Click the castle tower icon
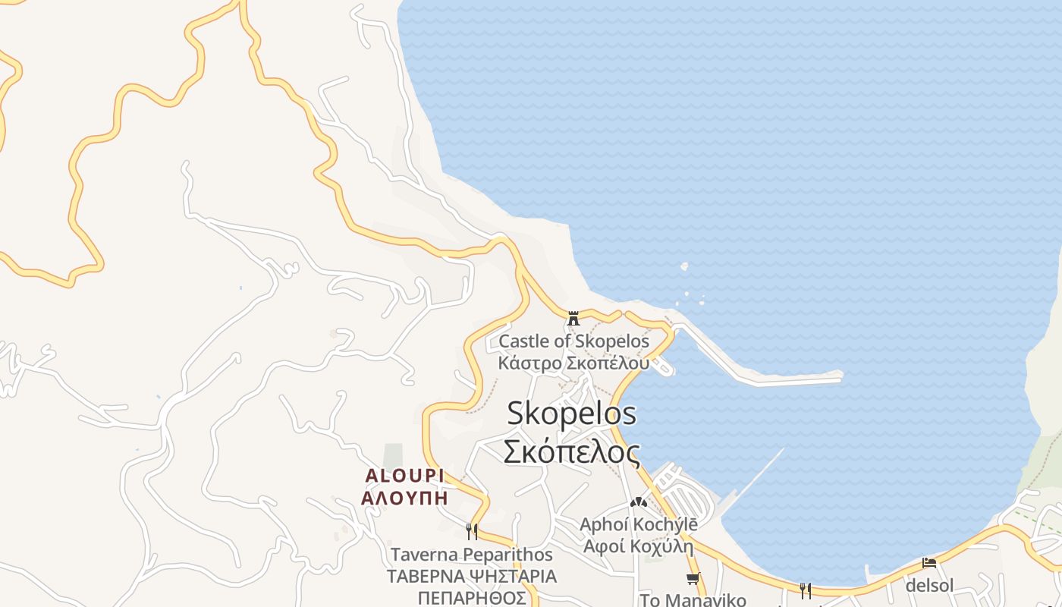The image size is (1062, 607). click(x=573, y=318)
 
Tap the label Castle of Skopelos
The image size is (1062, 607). click(x=573, y=341)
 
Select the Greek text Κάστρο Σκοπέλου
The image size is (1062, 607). click(x=573, y=362)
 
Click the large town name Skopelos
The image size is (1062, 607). click(x=571, y=414)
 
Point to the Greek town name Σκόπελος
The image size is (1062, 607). click(x=571, y=451)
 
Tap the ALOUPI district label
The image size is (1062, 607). click(x=404, y=476)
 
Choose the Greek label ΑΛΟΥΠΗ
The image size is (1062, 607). click(x=404, y=498)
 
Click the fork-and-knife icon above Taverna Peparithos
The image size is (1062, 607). click(x=471, y=530)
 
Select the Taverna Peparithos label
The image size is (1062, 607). click(x=471, y=555)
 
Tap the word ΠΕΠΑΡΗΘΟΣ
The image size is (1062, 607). click(x=471, y=598)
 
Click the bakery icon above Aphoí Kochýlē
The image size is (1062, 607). click(x=638, y=502)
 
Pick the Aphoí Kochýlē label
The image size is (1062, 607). click(x=638, y=524)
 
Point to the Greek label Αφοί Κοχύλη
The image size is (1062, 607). click(x=638, y=546)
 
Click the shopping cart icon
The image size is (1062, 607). click(x=692, y=579)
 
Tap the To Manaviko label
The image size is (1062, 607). click(x=693, y=599)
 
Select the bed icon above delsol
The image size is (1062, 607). click(x=929, y=563)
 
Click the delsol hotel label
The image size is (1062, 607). click(x=929, y=585)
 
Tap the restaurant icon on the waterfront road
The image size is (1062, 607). click(x=805, y=590)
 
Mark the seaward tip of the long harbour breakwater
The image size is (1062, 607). click(x=839, y=376)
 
